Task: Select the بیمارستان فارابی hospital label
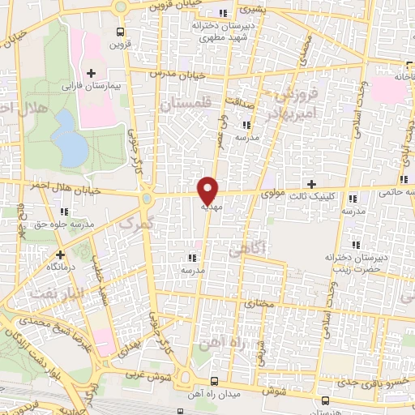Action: click(x=92, y=85)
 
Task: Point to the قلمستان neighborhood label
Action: click(x=185, y=104)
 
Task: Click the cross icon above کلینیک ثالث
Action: click(x=312, y=185)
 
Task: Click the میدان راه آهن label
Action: click(x=213, y=392)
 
